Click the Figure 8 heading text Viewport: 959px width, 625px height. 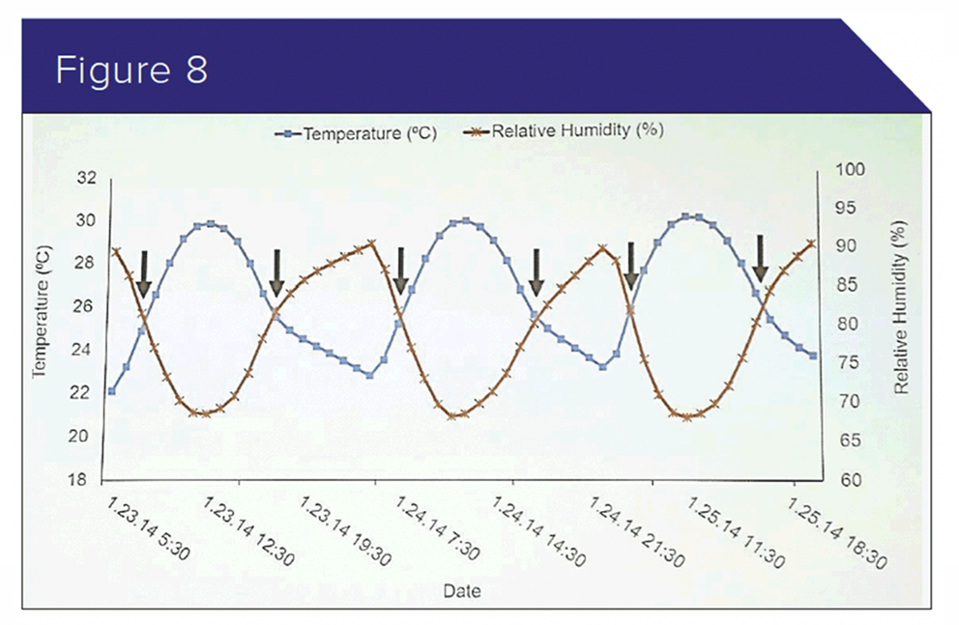[131, 71]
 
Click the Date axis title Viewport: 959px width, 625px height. [461, 590]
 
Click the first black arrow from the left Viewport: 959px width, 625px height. [144, 273]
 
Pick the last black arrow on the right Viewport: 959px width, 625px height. [761, 257]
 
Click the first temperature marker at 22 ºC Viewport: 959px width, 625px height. [112, 391]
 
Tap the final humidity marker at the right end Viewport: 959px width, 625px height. [812, 243]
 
